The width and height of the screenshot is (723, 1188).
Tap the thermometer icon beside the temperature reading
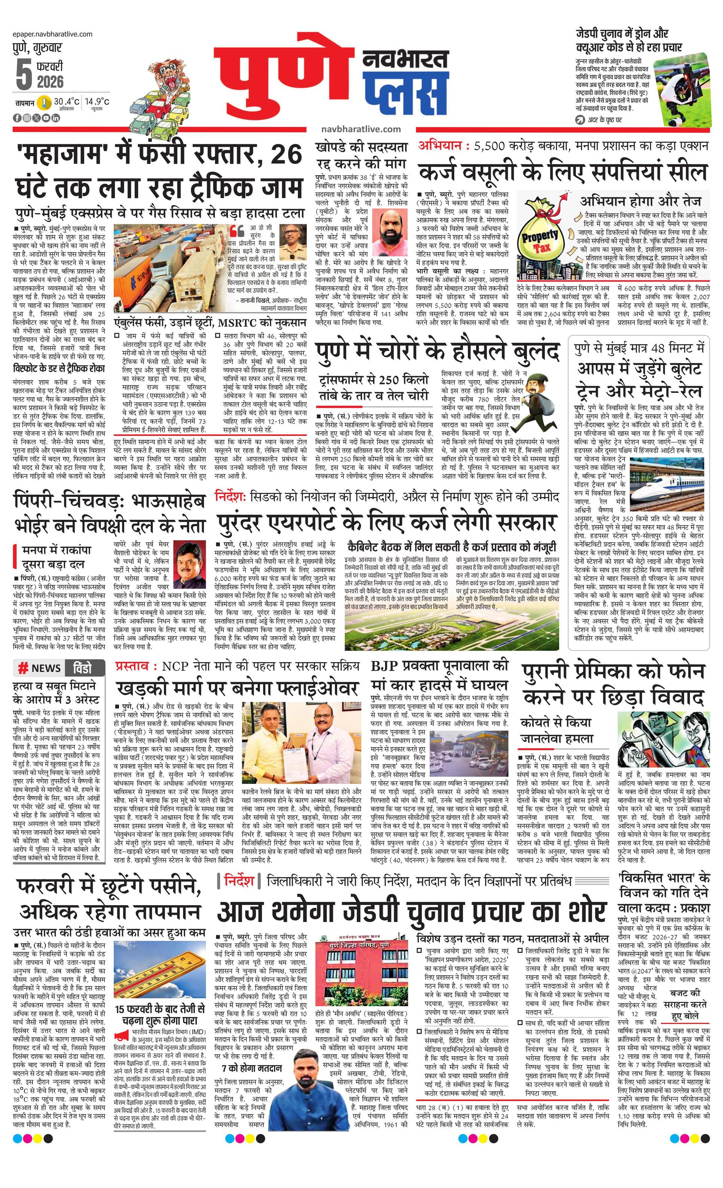point(44,103)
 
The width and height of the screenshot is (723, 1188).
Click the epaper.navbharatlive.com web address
point(53,34)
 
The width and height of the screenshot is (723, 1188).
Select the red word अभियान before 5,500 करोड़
point(440,145)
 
